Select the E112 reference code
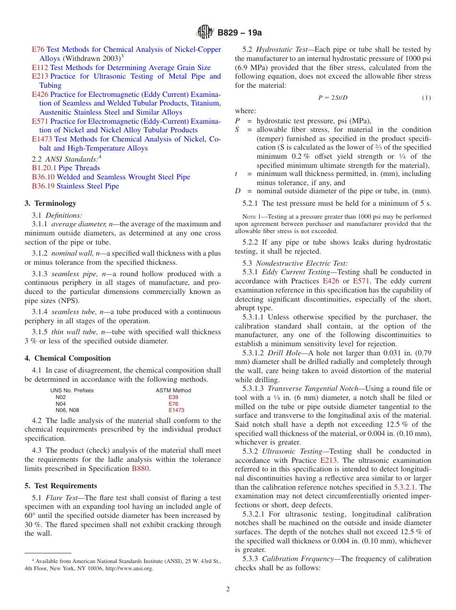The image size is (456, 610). pos(40,68)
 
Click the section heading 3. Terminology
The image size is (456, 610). pos(50,203)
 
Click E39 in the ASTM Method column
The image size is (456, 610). pos(173,398)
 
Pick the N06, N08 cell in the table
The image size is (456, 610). pos(67,411)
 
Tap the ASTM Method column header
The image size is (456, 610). pos(173,391)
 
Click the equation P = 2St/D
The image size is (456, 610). pos(333,98)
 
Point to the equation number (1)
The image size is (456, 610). pos(426,98)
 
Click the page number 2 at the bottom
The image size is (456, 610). pos(228,589)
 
